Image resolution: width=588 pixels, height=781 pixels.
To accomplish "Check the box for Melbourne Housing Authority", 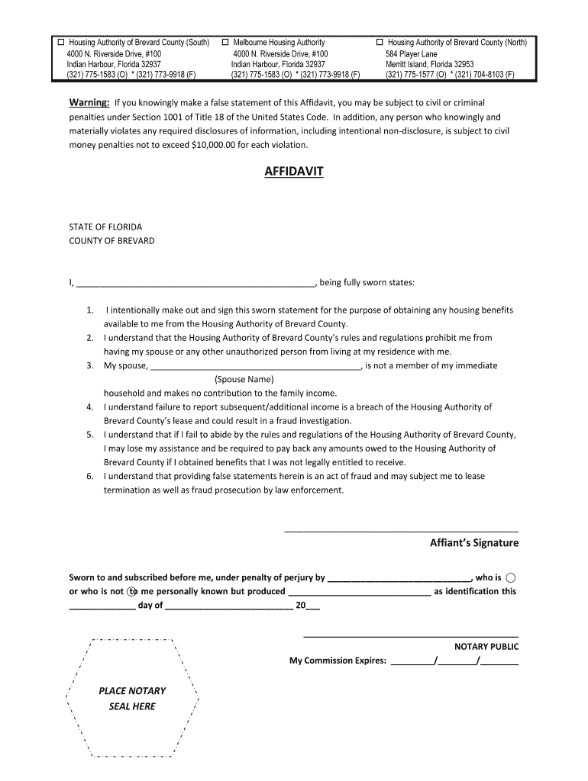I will tap(226, 43).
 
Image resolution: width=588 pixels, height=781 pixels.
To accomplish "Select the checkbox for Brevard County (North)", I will tap(380, 43).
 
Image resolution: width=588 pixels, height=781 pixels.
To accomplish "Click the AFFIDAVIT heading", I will tap(293, 172).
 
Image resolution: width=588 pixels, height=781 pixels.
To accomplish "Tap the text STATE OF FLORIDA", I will tap(105, 227).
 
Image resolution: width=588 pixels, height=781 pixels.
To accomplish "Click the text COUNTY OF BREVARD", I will tap(111, 241).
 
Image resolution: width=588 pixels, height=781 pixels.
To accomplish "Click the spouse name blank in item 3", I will tap(256, 365).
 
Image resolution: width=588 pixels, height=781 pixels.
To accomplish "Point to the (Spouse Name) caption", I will tap(244, 379).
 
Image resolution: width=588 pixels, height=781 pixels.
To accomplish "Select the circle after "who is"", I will tap(511, 577).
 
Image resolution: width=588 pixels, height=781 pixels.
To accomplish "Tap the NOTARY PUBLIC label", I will tap(486, 647).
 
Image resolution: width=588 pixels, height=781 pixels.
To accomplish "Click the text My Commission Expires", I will tap(338, 660).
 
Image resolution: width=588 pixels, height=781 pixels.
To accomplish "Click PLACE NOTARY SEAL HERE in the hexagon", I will tap(132, 699).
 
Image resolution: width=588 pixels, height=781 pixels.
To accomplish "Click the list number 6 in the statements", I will tap(90, 476).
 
